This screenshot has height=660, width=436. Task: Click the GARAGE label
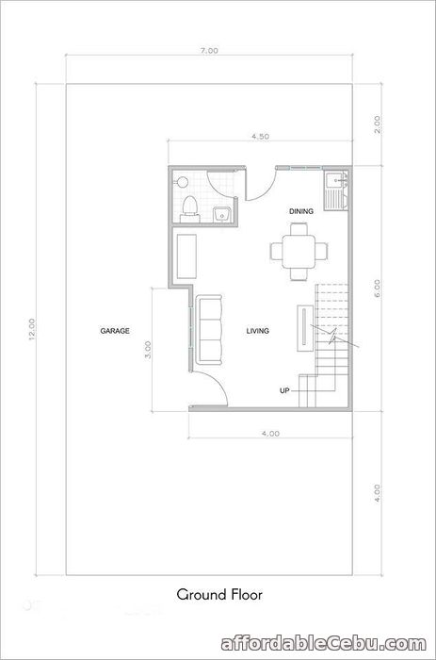click(115, 331)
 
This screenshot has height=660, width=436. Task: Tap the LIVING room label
click(258, 331)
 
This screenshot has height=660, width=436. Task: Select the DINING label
click(301, 211)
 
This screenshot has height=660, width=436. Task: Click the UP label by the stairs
click(284, 390)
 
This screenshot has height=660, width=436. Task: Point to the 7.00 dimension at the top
click(209, 51)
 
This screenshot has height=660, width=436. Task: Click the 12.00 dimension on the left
click(31, 329)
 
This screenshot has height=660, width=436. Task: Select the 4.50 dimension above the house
click(260, 137)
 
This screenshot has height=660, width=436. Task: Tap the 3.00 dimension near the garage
click(147, 350)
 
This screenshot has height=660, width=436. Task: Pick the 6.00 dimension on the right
click(377, 289)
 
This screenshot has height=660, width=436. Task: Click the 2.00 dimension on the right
click(377, 124)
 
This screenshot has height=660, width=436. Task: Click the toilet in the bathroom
click(189, 208)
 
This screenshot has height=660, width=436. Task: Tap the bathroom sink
click(221, 214)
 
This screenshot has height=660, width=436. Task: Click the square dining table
click(299, 252)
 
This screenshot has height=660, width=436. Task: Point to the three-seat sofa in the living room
click(209, 330)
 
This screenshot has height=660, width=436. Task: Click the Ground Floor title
click(219, 595)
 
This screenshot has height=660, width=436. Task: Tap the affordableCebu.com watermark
click(324, 644)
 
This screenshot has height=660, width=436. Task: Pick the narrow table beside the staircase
click(305, 328)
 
